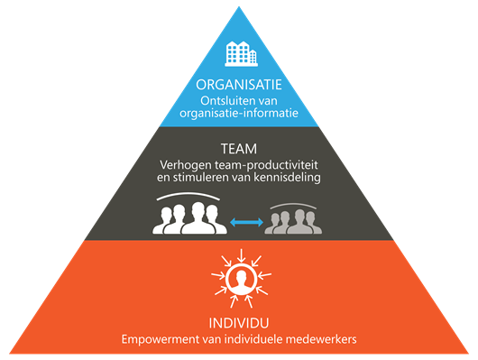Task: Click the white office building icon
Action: tap(241, 54)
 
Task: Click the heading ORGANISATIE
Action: tap(239, 85)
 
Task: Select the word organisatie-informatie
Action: tap(239, 113)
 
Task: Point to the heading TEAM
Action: tap(239, 149)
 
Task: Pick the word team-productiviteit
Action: tap(266, 165)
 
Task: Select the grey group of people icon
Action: tap(293, 221)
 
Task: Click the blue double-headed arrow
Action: tap(246, 222)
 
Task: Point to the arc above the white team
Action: tap(188, 193)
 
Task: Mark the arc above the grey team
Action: tap(293, 204)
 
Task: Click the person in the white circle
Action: tap(241, 279)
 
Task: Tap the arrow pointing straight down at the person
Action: tap(241, 255)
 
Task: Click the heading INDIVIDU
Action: tap(239, 323)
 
